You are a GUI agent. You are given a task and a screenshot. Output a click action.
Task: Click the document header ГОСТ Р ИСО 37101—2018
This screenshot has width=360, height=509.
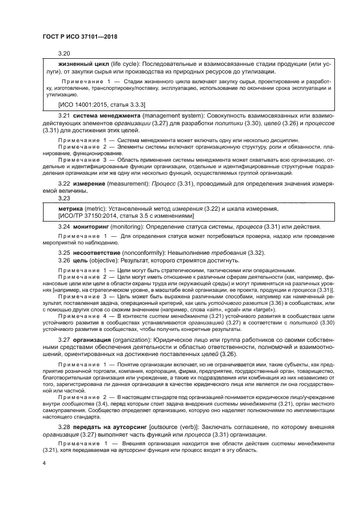(x=80, y=36)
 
